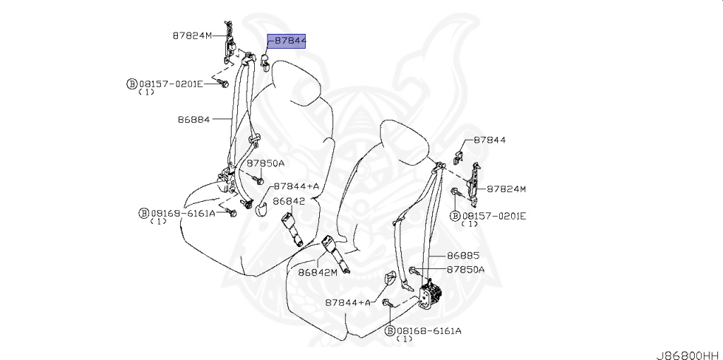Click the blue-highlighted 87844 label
pyautogui.click(x=287, y=41)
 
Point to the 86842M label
pyautogui.click(x=317, y=272)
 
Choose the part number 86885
pyautogui.click(x=462, y=256)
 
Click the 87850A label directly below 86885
pyautogui.click(x=465, y=270)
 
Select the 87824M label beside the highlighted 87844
pyautogui.click(x=191, y=35)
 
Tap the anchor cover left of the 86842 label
pyautogui.click(x=260, y=206)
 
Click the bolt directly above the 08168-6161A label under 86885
pyautogui.click(x=388, y=304)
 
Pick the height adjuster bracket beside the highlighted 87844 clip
pyautogui.click(x=231, y=44)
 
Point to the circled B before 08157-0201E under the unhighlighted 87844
pyautogui.click(x=455, y=215)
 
